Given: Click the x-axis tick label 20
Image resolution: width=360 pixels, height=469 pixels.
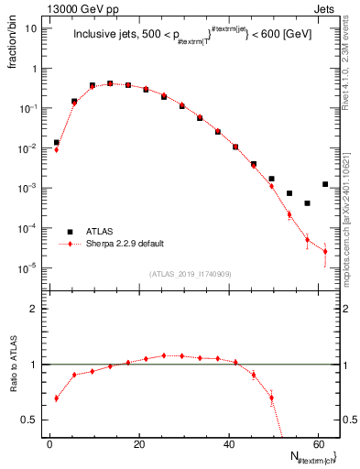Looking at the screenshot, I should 139,444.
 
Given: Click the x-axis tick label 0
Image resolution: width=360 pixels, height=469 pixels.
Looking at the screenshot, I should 49,444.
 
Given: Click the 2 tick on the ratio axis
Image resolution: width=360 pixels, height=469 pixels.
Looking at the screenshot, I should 37,309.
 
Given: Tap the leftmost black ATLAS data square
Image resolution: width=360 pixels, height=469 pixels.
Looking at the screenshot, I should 56,142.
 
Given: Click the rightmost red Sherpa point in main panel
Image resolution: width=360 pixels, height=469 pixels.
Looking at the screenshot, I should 325,252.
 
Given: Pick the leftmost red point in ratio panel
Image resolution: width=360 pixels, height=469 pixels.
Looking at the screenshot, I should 56,398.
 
